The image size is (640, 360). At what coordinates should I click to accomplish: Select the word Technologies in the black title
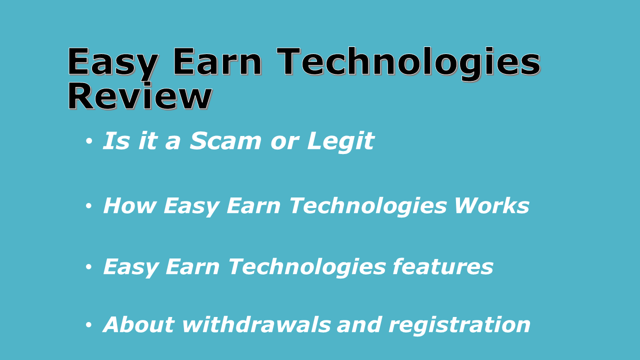point(408,62)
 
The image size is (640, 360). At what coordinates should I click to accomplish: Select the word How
point(129,206)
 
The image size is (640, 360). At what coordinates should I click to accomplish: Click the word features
point(443,266)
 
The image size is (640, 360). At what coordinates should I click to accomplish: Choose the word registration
point(459,324)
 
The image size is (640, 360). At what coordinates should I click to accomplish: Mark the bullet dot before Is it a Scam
point(89,142)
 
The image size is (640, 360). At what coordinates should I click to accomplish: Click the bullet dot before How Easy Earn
point(89,206)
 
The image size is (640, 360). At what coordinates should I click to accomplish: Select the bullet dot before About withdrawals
point(89,325)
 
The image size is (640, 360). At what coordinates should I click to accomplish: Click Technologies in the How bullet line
point(369,206)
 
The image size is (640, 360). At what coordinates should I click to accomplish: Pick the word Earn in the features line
point(192,266)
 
